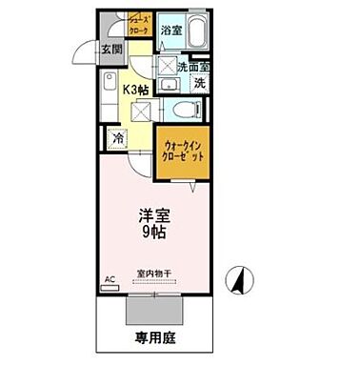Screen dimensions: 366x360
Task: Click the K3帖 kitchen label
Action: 136,90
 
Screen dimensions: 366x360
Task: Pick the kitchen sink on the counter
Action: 110,83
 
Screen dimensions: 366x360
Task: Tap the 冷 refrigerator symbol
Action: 118,138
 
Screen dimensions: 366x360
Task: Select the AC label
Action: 109,279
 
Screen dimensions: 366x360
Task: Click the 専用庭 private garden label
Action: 152,337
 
